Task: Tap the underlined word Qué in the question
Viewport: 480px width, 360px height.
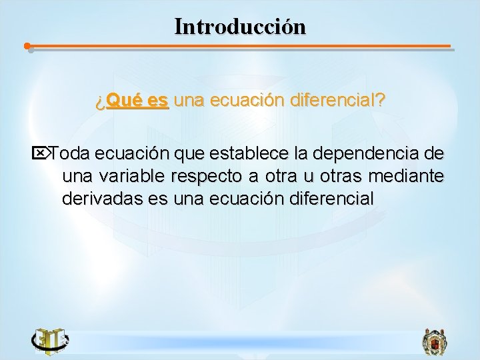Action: click(121, 101)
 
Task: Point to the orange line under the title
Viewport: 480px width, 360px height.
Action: click(240, 47)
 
